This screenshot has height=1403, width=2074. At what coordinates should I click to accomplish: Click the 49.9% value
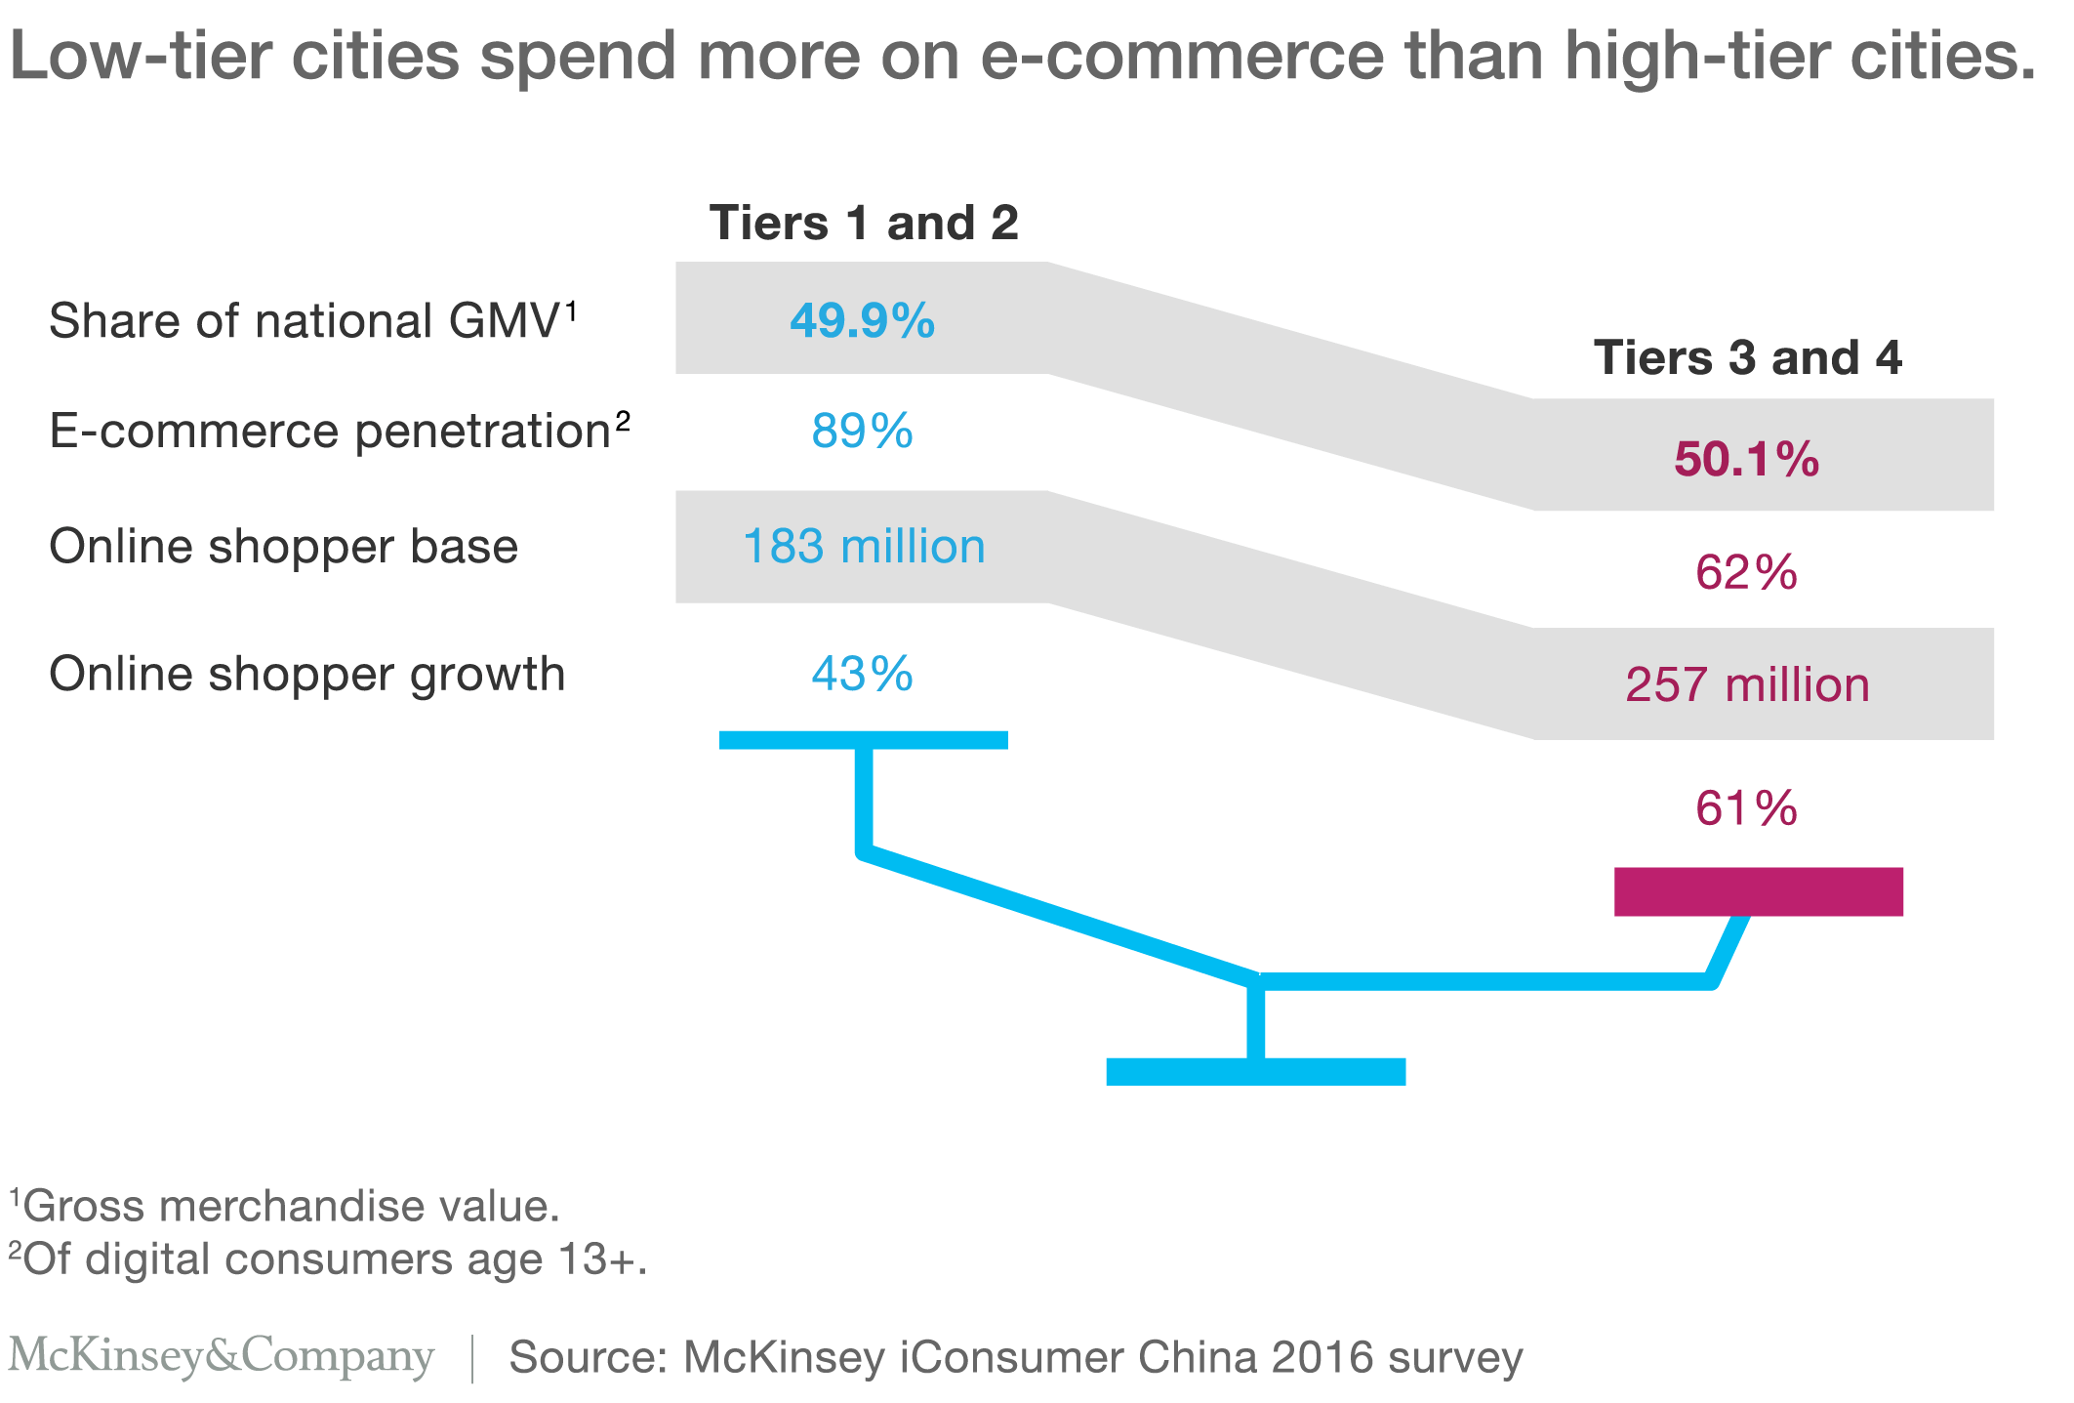862,320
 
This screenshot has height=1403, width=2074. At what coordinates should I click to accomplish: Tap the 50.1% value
1746,459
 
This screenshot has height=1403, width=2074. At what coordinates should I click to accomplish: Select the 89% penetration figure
862,431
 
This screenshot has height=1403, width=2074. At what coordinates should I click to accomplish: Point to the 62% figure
1746,572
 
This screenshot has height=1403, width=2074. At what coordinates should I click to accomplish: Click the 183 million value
864,546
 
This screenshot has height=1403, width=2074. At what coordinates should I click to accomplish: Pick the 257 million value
1747,684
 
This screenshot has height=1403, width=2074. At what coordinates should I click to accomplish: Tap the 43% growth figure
862,674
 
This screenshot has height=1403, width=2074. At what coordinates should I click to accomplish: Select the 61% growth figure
1746,808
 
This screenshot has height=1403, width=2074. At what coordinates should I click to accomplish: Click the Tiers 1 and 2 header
864,223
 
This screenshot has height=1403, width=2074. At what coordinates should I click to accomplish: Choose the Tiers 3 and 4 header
1747,357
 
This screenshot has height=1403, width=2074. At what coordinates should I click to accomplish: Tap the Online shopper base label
283,546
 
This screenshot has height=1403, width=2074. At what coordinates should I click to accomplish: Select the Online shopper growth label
306,674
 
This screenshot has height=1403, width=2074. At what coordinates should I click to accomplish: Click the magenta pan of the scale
1758,891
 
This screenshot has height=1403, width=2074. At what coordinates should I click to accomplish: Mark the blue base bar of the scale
1255,1071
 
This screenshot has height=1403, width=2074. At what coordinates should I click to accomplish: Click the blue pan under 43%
863,739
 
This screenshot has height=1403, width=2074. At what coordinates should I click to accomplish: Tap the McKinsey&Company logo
221,1356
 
